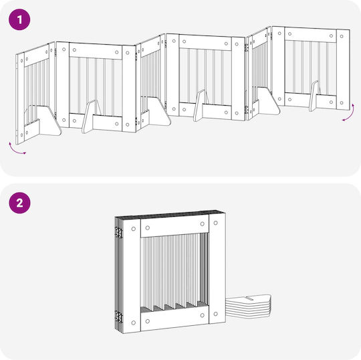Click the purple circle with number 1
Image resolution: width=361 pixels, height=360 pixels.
pos(19,19)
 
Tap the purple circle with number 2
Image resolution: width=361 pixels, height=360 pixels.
pos(19,203)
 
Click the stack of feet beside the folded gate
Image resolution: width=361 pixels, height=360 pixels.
pos(248,306)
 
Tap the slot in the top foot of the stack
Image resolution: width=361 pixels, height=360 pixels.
pos(249,298)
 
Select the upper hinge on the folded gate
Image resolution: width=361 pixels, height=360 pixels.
pos(119,232)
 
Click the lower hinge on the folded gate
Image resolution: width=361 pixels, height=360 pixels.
pos(119,317)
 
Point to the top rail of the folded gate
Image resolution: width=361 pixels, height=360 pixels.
pos(174,228)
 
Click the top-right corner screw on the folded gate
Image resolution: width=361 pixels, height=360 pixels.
pos(216,223)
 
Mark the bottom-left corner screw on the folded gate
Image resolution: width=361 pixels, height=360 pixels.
pos(133,323)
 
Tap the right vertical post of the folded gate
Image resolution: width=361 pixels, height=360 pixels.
pos(217,268)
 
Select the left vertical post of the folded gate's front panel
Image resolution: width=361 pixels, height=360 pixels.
pos(132,276)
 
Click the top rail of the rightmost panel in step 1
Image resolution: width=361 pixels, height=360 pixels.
pos(311,35)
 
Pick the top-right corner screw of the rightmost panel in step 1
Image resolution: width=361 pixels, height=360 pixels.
pos(342,36)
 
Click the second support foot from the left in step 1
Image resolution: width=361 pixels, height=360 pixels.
pos(90,116)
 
